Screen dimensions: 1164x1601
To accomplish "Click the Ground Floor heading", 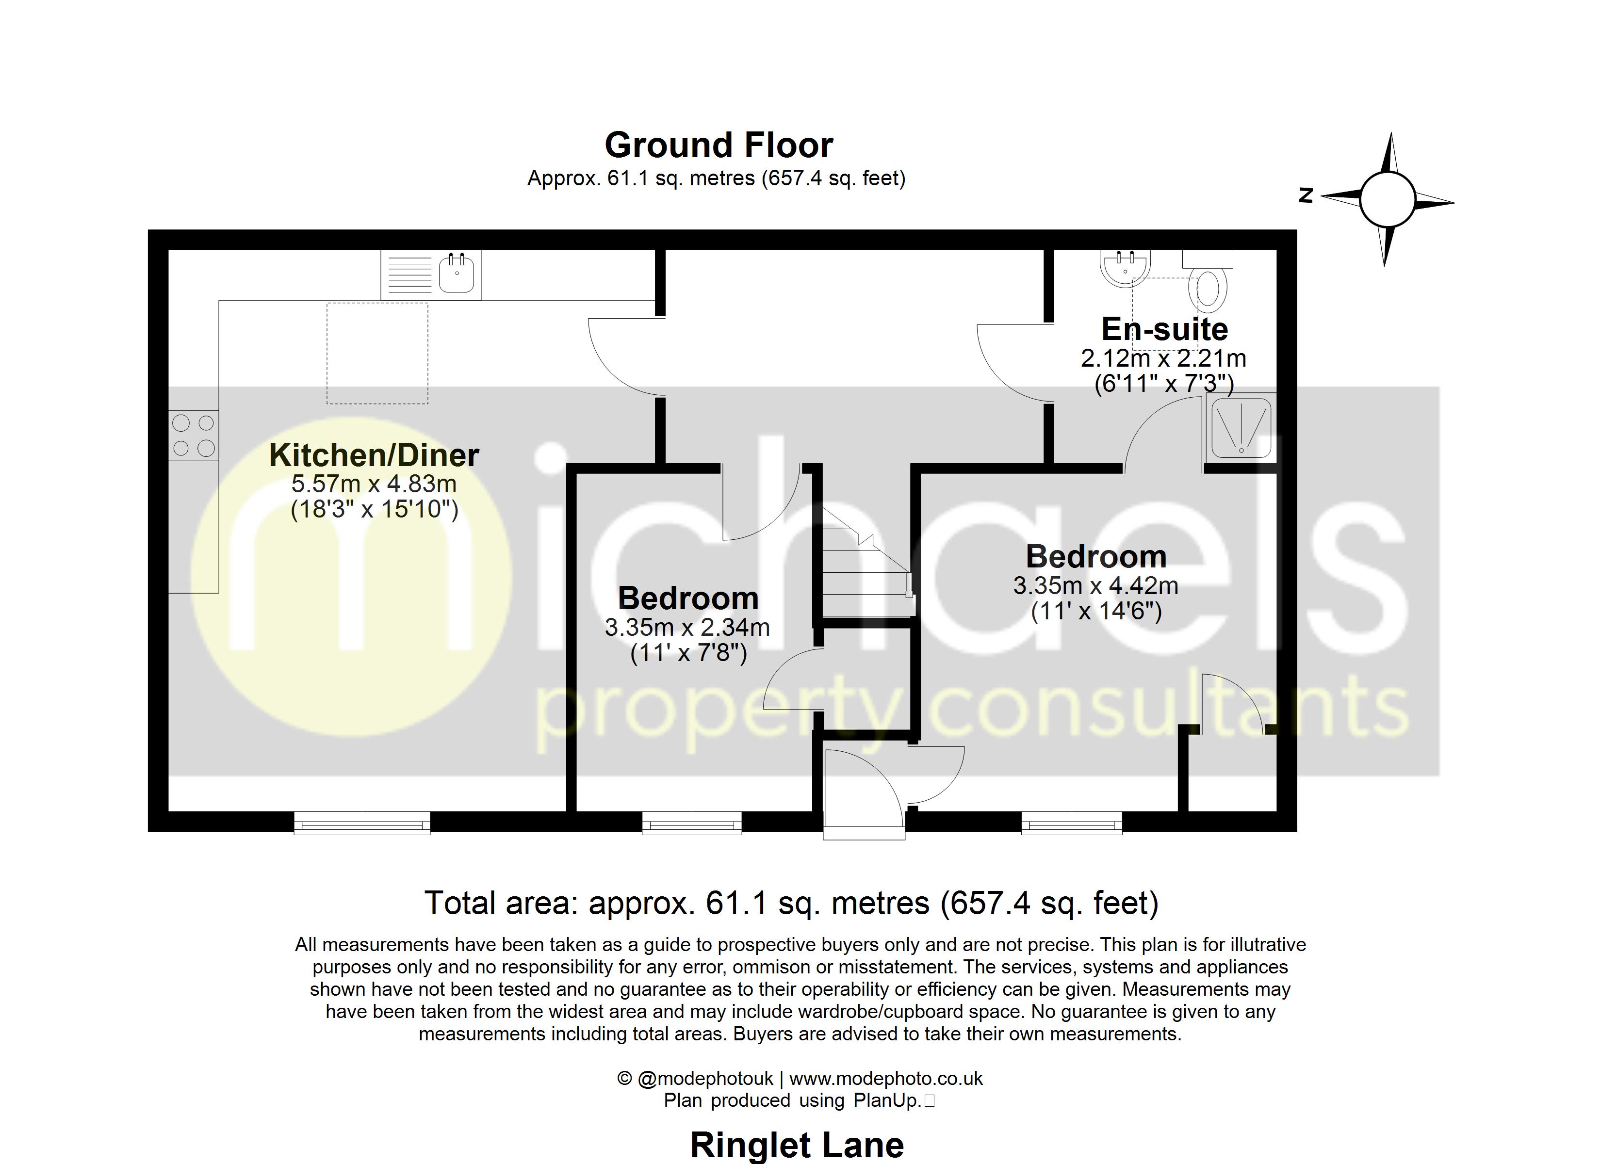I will [x=719, y=145].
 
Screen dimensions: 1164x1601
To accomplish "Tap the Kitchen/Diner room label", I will [x=374, y=455].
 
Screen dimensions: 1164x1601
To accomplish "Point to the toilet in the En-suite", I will [x=1208, y=285].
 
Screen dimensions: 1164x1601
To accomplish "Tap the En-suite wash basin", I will [x=1125, y=268].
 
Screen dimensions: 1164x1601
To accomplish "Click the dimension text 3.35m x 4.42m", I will [x=1095, y=585].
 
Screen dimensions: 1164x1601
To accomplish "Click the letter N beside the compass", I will [x=1306, y=195].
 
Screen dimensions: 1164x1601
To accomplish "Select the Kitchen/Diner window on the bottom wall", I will [x=362, y=823].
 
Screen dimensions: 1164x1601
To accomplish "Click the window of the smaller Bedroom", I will [x=692, y=823].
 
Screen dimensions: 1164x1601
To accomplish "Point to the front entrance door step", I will [x=864, y=833].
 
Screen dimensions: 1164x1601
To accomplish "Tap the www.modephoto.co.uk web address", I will [x=886, y=1079].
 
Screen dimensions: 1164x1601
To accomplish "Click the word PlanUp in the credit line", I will [x=886, y=1100].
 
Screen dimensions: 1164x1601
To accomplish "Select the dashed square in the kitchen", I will [x=377, y=353].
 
